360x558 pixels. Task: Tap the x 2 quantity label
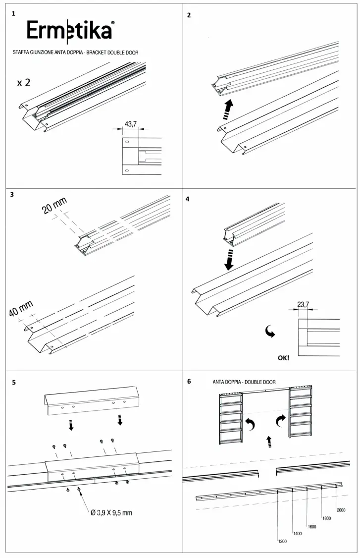pyautogui.click(x=24, y=83)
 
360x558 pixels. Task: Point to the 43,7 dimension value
pyautogui.click(x=131, y=124)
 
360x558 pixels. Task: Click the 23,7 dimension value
pyautogui.click(x=303, y=305)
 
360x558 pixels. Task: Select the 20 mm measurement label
pyautogui.click(x=54, y=205)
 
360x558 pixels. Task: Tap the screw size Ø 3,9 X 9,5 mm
pyautogui.click(x=111, y=512)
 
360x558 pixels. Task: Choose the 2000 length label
pyautogui.click(x=341, y=510)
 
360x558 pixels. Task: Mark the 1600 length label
pyautogui.click(x=311, y=527)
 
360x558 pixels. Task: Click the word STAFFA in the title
pyautogui.click(x=21, y=52)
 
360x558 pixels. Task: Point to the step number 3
pyautogui.click(x=12, y=195)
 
